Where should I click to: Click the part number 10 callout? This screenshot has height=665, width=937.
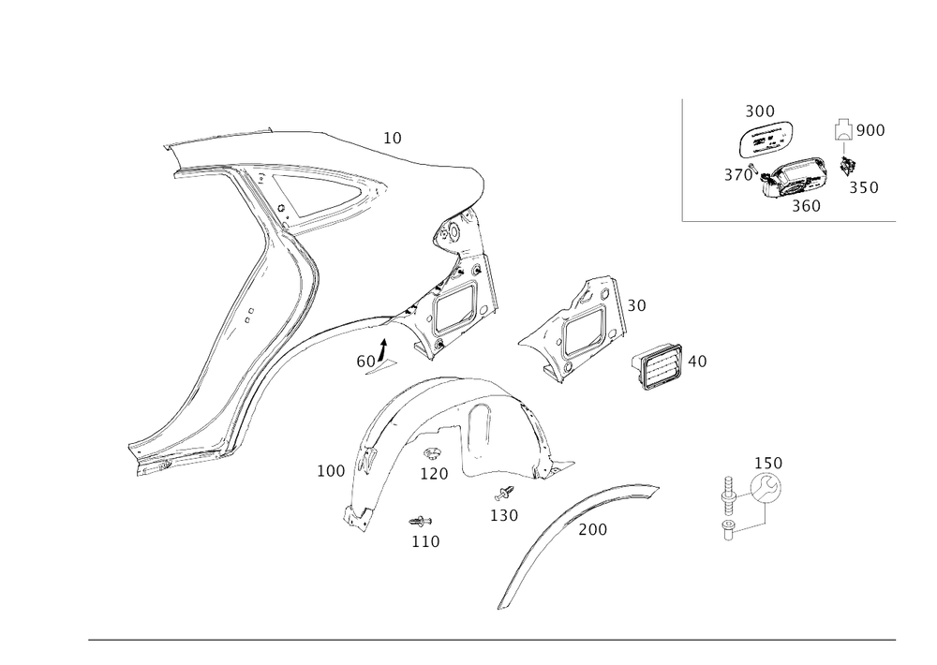(393, 139)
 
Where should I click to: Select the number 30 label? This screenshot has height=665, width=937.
(637, 305)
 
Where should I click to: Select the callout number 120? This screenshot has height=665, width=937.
(435, 473)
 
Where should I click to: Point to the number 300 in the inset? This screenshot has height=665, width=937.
(759, 112)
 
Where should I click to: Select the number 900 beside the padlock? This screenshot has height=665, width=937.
(870, 130)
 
